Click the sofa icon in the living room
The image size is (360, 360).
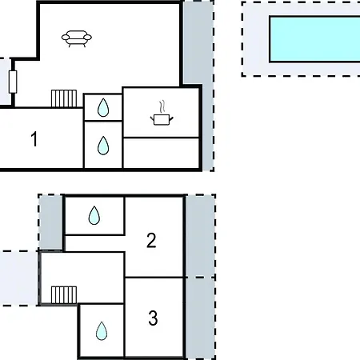click(77, 38)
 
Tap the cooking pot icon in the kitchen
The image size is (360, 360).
click(162, 120)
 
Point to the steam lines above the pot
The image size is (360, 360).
click(162, 106)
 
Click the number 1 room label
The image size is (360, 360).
click(34, 139)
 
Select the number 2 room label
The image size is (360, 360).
click(151, 241)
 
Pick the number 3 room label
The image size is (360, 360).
click(153, 318)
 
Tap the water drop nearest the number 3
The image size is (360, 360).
click(102, 331)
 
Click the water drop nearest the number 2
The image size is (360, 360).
click(94, 215)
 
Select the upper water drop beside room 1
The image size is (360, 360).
click(103, 108)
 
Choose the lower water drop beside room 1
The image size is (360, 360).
click(103, 146)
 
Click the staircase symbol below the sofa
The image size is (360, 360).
click(64, 98)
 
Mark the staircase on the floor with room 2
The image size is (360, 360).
click(64, 295)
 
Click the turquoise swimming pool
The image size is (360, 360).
click(315, 39)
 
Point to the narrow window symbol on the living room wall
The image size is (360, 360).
click(13, 82)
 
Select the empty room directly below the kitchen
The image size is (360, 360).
click(161, 153)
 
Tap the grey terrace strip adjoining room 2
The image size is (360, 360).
click(200, 236)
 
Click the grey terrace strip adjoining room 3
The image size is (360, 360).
click(200, 318)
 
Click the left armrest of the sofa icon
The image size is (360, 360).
click(65, 38)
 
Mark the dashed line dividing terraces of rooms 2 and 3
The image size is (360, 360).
click(200, 278)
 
